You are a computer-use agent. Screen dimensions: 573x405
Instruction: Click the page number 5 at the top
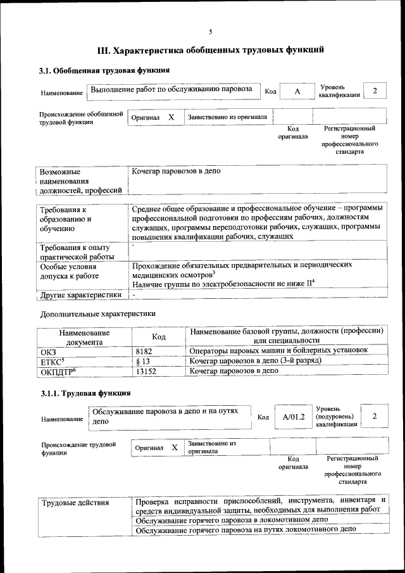211,31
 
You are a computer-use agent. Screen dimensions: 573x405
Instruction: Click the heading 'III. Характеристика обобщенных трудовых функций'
210,50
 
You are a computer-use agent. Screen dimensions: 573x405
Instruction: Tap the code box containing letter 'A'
297,92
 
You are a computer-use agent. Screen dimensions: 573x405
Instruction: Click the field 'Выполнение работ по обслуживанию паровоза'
171,90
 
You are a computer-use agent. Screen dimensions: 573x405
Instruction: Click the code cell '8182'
144,350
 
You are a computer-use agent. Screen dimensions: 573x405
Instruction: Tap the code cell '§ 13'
142,360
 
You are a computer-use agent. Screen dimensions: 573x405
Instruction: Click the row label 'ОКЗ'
48,351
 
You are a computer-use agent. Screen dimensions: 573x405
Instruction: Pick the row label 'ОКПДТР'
58,372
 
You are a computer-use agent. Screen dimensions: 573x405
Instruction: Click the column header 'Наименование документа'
84,337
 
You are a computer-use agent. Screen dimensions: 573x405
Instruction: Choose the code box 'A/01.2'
294,417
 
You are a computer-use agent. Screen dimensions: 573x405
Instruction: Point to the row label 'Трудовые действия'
75,503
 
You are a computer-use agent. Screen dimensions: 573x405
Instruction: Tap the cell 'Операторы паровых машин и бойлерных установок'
278,350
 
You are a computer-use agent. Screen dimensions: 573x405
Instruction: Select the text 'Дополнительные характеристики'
97,313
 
